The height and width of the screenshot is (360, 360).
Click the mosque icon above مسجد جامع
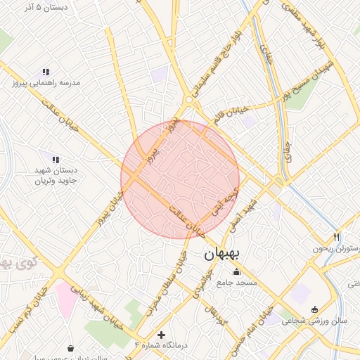click(x=236, y=272)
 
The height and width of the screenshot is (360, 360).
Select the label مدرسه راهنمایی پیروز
click(x=46, y=82)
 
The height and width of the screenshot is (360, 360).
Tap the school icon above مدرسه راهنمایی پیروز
click(x=46, y=72)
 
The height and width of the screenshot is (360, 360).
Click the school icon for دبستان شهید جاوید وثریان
click(x=56, y=160)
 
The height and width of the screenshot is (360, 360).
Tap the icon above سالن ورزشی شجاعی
click(x=314, y=310)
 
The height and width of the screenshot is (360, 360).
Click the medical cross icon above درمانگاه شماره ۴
click(x=162, y=335)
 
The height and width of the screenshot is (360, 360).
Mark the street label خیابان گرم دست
click(x=27, y=310)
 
